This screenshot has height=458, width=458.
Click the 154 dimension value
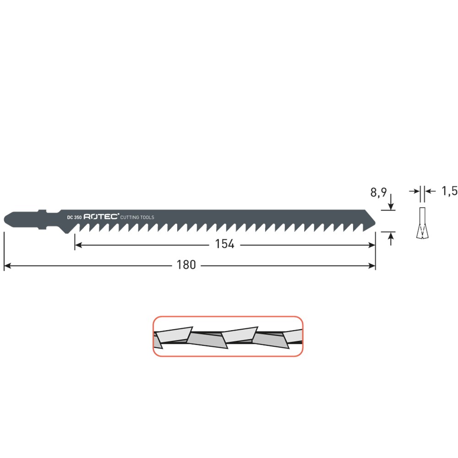pyautogui.click(x=224, y=244)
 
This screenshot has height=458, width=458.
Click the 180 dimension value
pyautogui.click(x=186, y=265)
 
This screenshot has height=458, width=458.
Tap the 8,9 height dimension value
pyautogui.click(x=378, y=192)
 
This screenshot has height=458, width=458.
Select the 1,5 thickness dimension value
pyautogui.click(x=449, y=191)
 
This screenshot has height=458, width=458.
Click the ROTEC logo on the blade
pyautogui.click(x=101, y=217)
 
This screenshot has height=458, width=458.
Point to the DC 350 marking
pyautogui.click(x=74, y=217)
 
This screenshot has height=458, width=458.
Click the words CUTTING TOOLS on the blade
pyautogui.click(x=137, y=217)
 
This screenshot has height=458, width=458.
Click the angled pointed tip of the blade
pyautogui.click(x=375, y=224)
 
